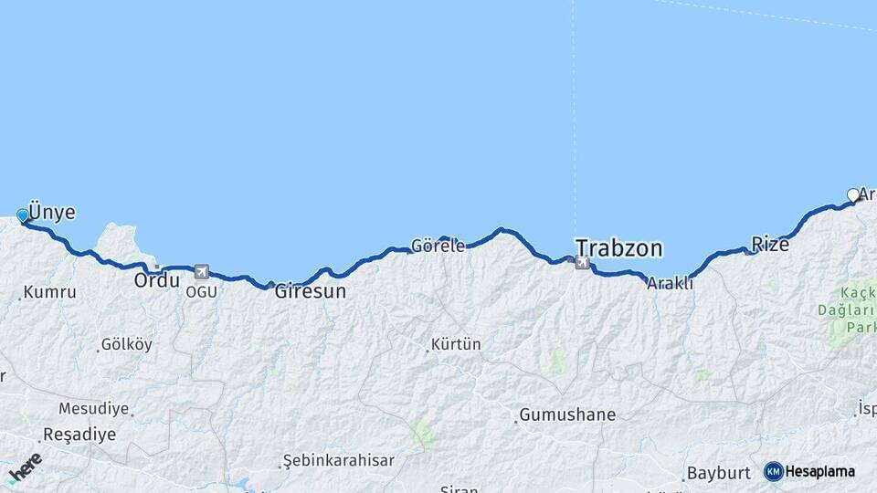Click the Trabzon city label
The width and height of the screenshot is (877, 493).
click(x=618, y=248)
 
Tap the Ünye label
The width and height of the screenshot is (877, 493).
click(x=52, y=212)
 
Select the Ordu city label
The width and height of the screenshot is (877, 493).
click(x=156, y=280)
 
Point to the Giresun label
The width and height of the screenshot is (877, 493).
click(x=311, y=292)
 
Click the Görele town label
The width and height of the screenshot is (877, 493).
click(x=438, y=246)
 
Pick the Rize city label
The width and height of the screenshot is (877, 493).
click(x=769, y=244)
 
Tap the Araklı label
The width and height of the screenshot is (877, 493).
click(x=670, y=284)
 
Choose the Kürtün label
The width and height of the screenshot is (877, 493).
click(x=457, y=345)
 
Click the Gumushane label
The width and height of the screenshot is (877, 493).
click(x=567, y=415)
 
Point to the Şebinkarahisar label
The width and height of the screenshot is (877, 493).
click(x=338, y=460)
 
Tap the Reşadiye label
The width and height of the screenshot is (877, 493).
click(x=74, y=435)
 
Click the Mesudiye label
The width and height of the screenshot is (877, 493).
click(x=94, y=408)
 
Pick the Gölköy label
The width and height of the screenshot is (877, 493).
click(x=127, y=345)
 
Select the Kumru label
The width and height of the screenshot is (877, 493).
click(x=50, y=293)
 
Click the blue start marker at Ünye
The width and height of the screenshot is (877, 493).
click(x=23, y=215)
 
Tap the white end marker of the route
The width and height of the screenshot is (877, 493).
click(x=853, y=194)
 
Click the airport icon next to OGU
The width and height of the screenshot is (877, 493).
click(x=201, y=271)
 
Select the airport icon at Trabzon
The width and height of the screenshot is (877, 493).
click(x=582, y=263)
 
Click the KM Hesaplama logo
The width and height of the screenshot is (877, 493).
click(x=809, y=471)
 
